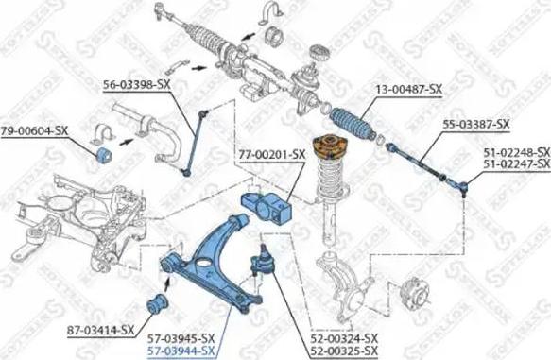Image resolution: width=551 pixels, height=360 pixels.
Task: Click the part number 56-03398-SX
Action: (137, 84)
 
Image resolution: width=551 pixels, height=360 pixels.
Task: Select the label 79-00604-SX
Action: (34, 130)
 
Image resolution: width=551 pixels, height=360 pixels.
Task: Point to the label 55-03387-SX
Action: (476, 125)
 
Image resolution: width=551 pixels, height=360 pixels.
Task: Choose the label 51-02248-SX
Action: (516, 151)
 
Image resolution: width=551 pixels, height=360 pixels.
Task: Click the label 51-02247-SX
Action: (516, 163)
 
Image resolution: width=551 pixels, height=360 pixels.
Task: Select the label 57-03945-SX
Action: (181, 337)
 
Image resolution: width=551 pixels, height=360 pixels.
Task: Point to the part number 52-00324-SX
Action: (346, 337)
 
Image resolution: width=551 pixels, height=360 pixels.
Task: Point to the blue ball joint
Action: (260, 260)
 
